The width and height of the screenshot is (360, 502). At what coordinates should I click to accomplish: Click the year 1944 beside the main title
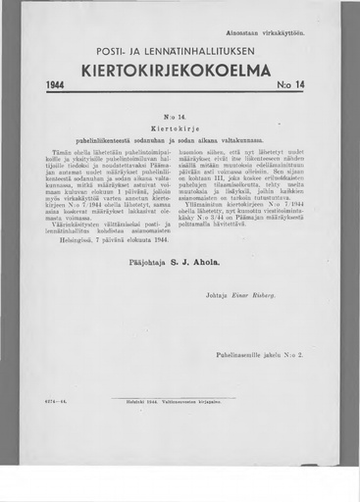tap(55, 86)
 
